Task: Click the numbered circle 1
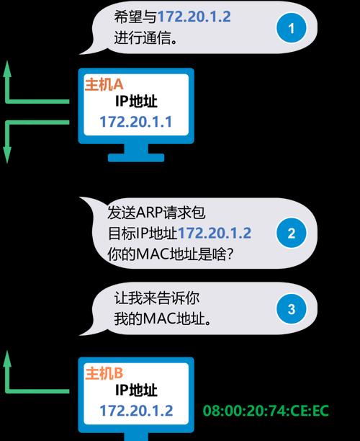click(292, 28)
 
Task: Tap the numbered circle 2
click(292, 233)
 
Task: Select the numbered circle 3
click(292, 309)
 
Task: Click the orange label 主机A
click(104, 84)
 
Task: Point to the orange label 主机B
click(104, 373)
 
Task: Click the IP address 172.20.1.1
click(136, 122)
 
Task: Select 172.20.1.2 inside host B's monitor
click(136, 411)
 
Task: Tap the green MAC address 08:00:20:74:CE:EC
click(266, 411)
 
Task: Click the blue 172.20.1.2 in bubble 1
click(194, 17)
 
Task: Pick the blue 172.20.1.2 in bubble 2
click(215, 233)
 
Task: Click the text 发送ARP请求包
click(156, 213)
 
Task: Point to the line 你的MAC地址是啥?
click(171, 254)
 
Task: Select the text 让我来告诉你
click(157, 298)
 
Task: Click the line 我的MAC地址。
click(163, 319)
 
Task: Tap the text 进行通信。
click(146, 37)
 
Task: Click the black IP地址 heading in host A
click(136, 102)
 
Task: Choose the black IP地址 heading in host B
click(136, 390)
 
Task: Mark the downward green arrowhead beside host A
click(7, 155)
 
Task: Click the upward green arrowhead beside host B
click(7, 358)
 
